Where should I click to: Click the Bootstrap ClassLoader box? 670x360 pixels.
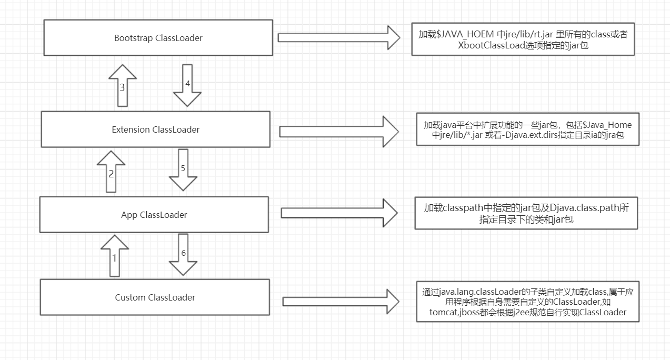click(158, 38)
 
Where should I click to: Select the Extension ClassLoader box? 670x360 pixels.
click(155, 129)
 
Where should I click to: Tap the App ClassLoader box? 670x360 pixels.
click(154, 215)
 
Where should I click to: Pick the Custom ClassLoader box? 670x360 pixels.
click(155, 297)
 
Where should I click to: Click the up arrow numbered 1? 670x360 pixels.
click(114, 256)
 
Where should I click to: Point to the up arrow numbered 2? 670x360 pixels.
click(111, 172)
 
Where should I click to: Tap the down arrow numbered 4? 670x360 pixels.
click(187, 85)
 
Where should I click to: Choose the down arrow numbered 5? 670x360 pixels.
click(183, 169)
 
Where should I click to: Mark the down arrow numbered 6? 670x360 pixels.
click(183, 255)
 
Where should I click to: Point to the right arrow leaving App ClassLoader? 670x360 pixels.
click(339, 213)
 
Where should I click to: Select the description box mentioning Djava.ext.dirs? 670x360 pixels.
click(527, 130)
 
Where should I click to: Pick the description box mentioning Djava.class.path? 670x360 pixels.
click(526, 213)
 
